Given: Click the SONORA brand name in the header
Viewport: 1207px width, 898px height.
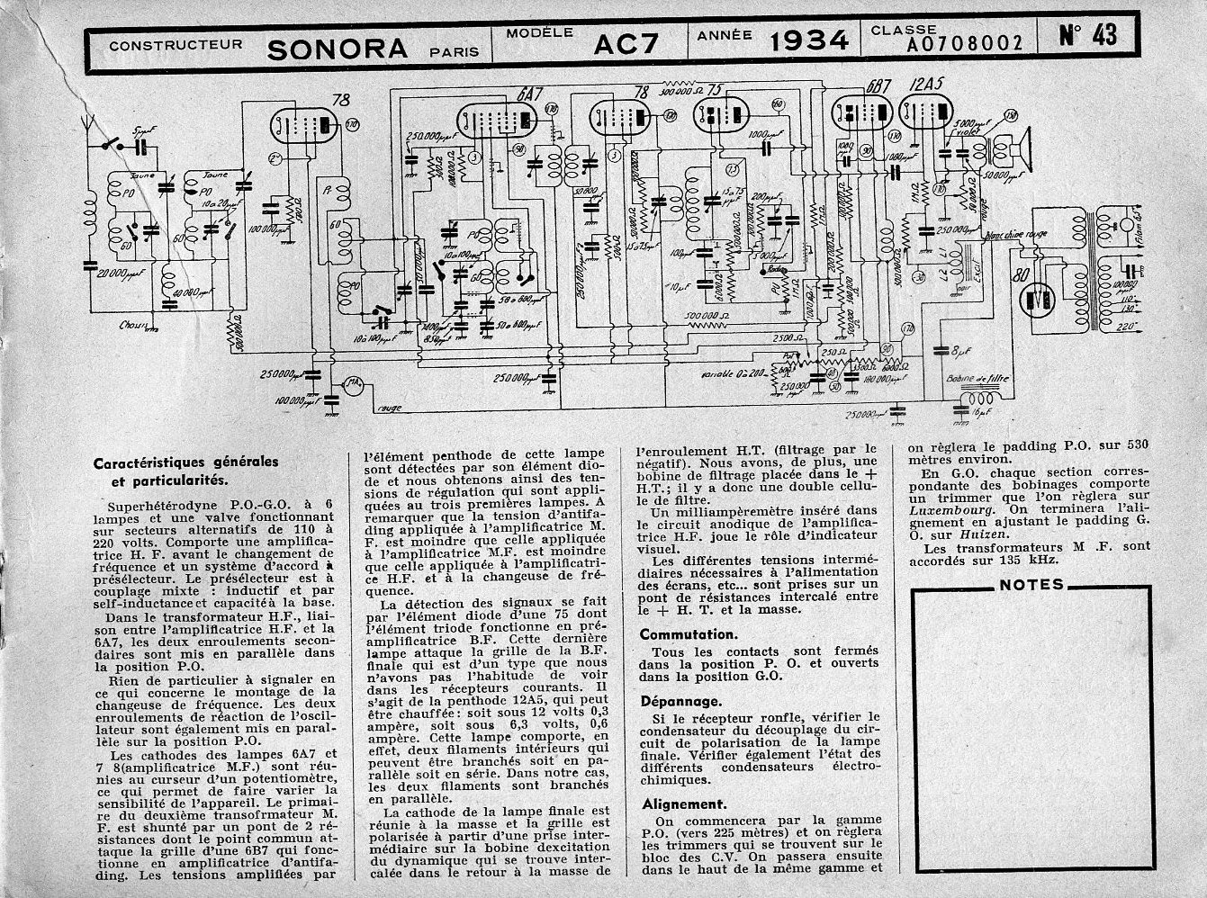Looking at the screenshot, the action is [337, 47].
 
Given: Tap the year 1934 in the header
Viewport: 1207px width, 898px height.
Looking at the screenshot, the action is [809, 40].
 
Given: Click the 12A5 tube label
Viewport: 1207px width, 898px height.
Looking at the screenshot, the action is [923, 87].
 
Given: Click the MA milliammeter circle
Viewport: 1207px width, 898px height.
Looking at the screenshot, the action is [353, 385].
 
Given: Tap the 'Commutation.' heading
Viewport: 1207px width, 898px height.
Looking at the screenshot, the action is [688, 634].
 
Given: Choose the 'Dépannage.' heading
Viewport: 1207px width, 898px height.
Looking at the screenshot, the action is [680, 701].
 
